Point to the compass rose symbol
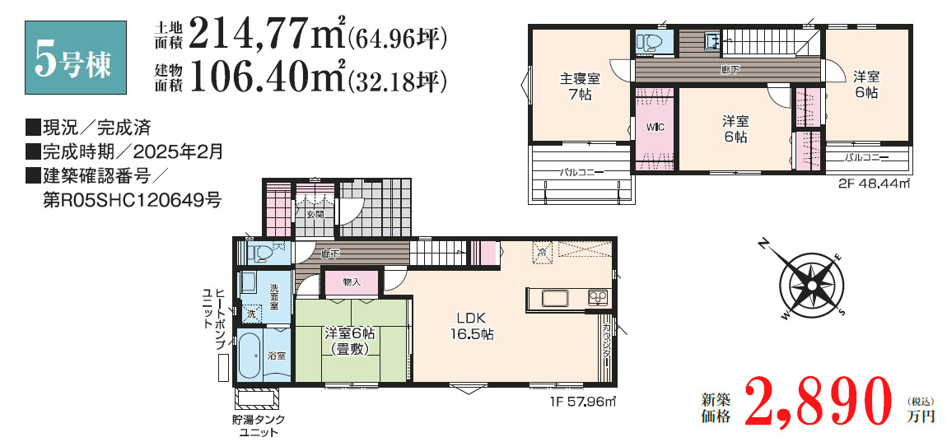pos(810,285)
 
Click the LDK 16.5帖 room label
pos(470,326)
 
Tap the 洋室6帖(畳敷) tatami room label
pos(350,341)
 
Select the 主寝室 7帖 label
pos(580,86)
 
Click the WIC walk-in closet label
pos(655,128)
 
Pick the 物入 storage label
pos(351,282)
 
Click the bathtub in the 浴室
pos(250,356)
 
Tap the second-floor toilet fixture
pos(652,42)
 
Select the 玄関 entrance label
pos(315,215)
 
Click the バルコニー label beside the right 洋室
pos(865,156)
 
